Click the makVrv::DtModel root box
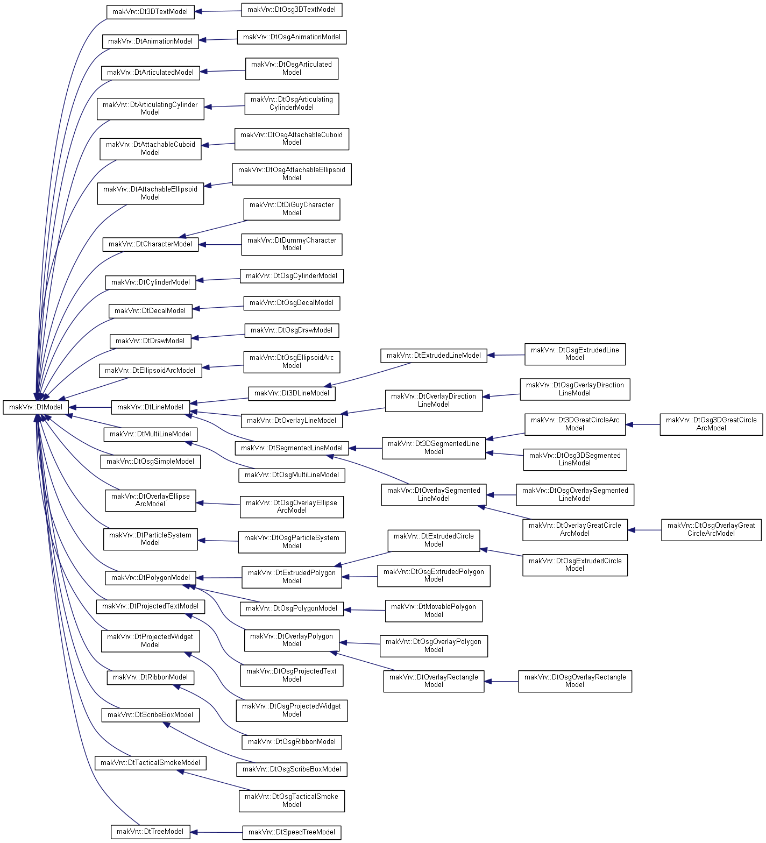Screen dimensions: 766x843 click(x=36, y=407)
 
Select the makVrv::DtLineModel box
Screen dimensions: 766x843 click(x=150, y=407)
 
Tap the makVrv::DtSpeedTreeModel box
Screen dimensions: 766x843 click(x=292, y=832)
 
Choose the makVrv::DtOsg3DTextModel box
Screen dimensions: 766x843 click(x=292, y=10)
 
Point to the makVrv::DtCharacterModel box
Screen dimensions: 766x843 click(x=150, y=244)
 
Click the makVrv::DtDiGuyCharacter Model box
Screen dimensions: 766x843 click(x=292, y=209)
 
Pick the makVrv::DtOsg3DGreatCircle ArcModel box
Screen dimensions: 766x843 click(x=711, y=424)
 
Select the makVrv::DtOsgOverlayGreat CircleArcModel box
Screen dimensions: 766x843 click(x=711, y=529)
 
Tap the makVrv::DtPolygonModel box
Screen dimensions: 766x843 click(x=150, y=578)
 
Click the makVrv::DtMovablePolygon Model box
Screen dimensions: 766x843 click(x=434, y=611)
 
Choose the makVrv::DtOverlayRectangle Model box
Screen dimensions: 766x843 click(x=434, y=681)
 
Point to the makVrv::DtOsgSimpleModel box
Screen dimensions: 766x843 click(x=150, y=462)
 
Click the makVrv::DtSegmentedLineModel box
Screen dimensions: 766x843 click(x=292, y=448)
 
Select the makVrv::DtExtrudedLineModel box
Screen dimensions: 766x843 click(x=434, y=356)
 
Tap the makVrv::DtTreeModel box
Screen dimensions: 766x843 click(x=150, y=832)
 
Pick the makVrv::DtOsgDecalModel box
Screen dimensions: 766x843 click(x=292, y=303)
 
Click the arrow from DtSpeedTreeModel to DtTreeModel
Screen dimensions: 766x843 click(x=216, y=832)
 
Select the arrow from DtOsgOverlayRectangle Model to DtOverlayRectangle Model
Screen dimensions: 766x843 click(x=501, y=682)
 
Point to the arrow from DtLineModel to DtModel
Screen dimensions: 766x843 click(x=90, y=407)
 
